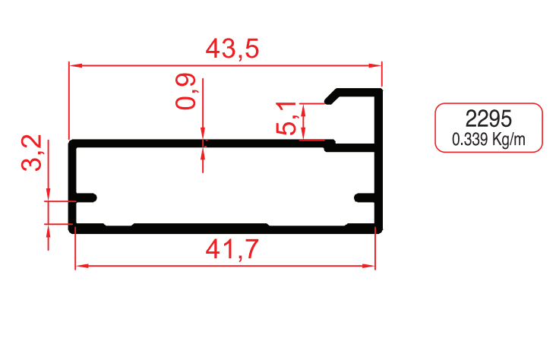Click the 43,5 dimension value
coord(232,49)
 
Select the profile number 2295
coord(488,118)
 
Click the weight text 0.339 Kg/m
coord(488,140)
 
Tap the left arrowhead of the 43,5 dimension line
coord(74,65)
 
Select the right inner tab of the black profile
coord(366,198)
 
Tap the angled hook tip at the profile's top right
coord(332,98)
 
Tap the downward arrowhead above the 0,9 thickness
coord(203,137)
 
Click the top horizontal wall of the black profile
coord(197,142)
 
